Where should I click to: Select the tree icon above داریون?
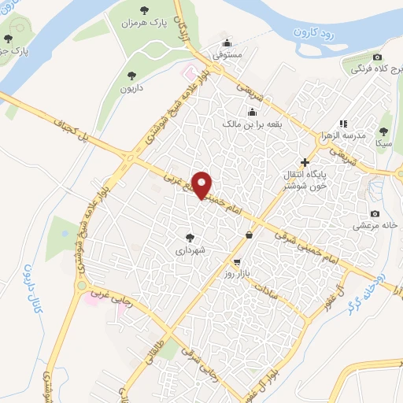(x=131, y=76)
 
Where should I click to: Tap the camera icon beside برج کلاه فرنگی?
(x=378, y=57)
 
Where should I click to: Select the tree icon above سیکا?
(x=384, y=131)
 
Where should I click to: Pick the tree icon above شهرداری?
(x=190, y=237)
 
